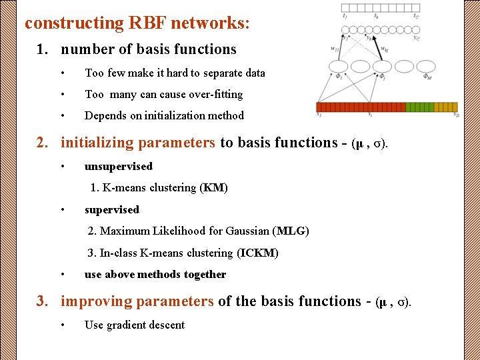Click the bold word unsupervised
point(118,166)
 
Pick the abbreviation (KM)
point(213,188)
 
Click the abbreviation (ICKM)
point(257,253)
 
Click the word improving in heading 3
point(97,301)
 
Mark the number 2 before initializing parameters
point(40,143)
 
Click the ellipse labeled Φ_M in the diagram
point(426,66)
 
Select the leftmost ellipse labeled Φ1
point(338,66)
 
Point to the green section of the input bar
point(420,107)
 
